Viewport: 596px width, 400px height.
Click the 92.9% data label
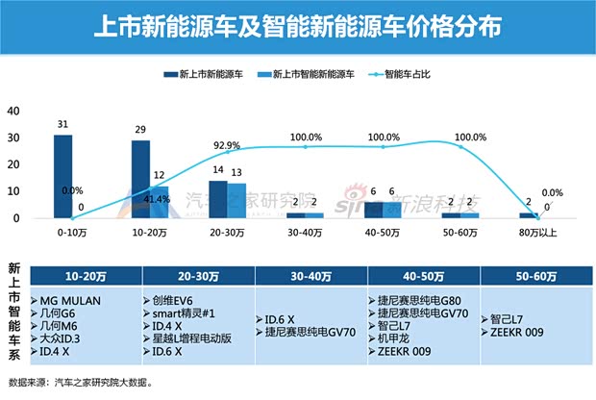point(227,145)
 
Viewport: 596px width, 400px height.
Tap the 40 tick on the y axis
point(13,111)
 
